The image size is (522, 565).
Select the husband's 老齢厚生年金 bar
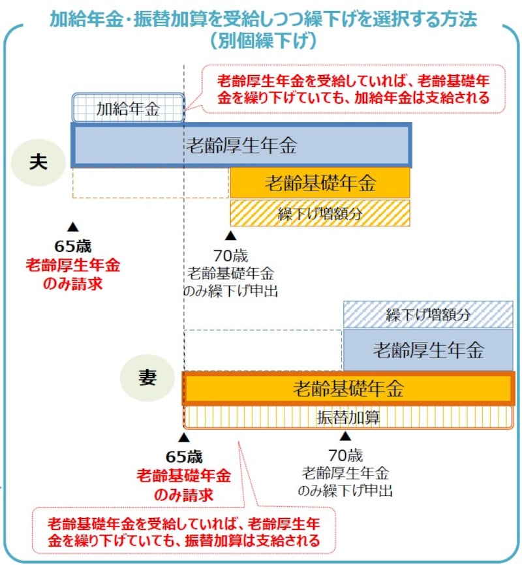pyautogui.click(x=241, y=145)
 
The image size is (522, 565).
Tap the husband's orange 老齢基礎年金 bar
pyautogui.click(x=320, y=183)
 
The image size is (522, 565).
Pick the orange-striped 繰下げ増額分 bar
pyautogui.click(x=320, y=213)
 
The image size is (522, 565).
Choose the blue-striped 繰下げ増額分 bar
pyautogui.click(x=428, y=314)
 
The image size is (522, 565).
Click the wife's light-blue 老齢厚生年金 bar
pyautogui.click(x=428, y=350)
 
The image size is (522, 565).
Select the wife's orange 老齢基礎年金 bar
pyautogui.click(x=348, y=389)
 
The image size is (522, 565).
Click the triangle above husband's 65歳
pyautogui.click(x=72, y=226)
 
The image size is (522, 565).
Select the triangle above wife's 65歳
pyautogui.click(x=184, y=436)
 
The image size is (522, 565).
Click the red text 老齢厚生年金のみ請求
pyautogui.click(x=72, y=275)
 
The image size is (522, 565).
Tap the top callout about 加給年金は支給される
pyautogui.click(x=353, y=90)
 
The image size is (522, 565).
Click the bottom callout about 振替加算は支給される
pyautogui.click(x=184, y=532)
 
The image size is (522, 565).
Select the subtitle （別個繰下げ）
pyautogui.click(x=263, y=41)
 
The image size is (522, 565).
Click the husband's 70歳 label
pyautogui.click(x=230, y=256)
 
